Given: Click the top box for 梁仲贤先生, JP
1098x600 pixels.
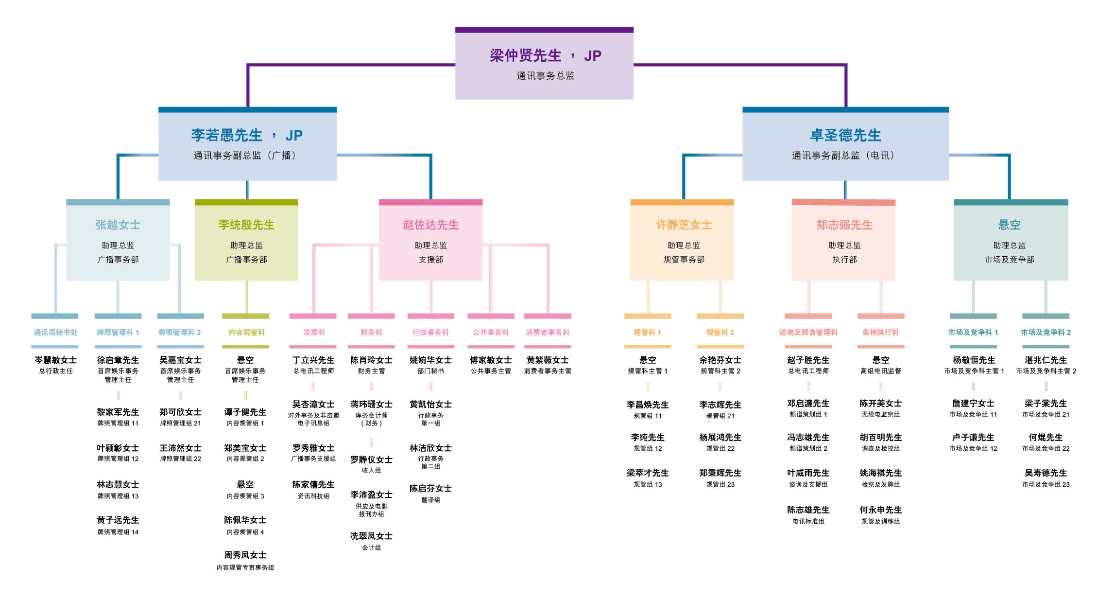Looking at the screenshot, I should [544, 64].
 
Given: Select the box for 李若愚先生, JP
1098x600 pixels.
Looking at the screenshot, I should [247, 144].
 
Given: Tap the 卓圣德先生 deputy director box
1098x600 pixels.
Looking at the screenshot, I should [845, 144].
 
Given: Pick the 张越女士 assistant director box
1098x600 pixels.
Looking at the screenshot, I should [118, 240].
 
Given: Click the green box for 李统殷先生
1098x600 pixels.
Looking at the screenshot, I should [246, 240].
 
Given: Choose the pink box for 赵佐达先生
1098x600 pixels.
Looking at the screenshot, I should [430, 240].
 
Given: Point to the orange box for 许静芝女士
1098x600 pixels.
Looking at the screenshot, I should [682, 240].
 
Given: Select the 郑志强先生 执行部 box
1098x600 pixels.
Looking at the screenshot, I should [844, 240].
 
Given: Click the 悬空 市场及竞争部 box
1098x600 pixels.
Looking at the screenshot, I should [1011, 240].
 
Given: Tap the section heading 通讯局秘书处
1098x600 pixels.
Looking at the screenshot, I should [55, 333].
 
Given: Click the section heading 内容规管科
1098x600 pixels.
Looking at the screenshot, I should [246, 333].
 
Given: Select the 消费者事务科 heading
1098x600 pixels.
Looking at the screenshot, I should [548, 333].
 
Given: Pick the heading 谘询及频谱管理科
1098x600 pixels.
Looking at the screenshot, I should [808, 333].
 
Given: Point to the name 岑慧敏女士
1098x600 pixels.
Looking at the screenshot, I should [55, 360].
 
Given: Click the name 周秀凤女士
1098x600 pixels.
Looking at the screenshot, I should [245, 555].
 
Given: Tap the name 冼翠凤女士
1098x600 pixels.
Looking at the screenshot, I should [371, 536].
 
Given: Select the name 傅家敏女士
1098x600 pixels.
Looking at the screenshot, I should [491, 360].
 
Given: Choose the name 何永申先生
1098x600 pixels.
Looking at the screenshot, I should [880, 510].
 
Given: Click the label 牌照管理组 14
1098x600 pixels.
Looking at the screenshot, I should [118, 532].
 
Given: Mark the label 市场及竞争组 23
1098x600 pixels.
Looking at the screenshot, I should [1046, 485].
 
